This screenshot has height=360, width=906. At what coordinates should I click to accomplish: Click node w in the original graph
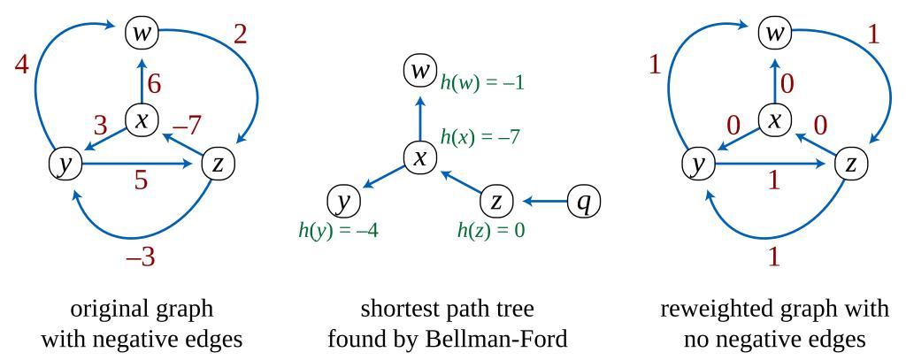[x=142, y=34]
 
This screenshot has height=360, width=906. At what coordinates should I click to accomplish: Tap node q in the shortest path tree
[x=583, y=203]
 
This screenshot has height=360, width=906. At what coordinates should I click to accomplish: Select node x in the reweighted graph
[x=775, y=120]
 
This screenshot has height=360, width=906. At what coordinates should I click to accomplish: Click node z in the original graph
[x=218, y=164]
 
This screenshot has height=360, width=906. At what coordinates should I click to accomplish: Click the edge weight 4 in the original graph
[x=22, y=65]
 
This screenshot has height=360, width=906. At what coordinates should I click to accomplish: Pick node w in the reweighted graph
[x=775, y=34]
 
